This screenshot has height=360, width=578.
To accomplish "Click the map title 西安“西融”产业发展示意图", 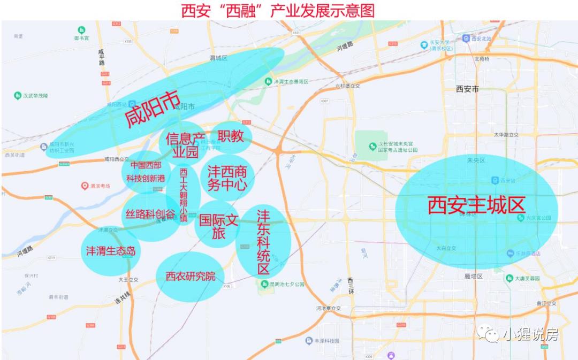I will pos(278,11).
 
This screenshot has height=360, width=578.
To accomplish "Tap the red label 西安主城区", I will pos(476,205).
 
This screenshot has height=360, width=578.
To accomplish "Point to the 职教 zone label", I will pos(231,136).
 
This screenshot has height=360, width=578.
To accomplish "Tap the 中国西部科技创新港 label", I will pos(146,172).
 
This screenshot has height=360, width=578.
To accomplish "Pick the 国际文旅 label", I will pos(217,226).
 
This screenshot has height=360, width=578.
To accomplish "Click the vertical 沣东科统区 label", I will pos(263,242).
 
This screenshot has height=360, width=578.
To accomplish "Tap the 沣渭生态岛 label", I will pos(111,251).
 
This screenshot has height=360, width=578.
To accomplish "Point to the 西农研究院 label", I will pos(191,276).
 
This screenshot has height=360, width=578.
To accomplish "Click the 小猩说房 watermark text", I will pos(530,335).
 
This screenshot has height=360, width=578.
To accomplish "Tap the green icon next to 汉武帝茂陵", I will pos(18,96).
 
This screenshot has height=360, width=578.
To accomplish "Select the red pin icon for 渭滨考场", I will pos(85,186).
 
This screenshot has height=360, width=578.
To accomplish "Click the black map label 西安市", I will pos(467,89).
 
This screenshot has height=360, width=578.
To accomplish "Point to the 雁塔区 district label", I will pos(473,277).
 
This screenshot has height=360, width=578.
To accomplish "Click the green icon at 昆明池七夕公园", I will pos(264,284).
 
